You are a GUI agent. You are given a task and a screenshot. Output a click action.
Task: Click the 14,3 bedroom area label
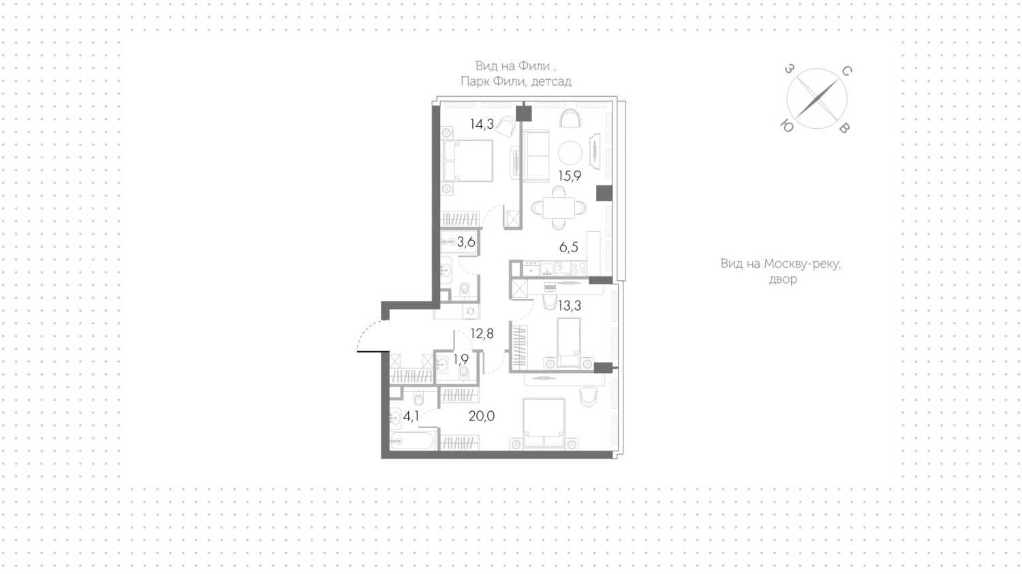(482, 124)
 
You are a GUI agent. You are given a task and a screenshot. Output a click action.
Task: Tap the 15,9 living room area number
(570, 176)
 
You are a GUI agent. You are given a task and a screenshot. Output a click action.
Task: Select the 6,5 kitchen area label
(568, 247)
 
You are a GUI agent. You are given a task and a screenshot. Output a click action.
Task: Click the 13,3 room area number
(570, 306)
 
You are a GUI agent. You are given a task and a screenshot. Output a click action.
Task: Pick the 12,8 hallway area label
(482, 334)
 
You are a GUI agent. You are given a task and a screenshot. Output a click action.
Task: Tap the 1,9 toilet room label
(461, 360)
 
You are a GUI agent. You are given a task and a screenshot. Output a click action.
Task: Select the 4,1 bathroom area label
(411, 416)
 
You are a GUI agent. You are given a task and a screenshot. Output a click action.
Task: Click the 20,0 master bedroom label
(482, 416)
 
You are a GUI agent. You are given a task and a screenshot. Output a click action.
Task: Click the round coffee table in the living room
(570, 153)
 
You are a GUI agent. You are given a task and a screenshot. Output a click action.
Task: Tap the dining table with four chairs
(559, 208)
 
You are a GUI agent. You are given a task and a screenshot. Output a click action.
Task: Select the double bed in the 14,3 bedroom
(467, 161)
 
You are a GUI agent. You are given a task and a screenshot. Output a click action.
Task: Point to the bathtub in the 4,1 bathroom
(412, 441)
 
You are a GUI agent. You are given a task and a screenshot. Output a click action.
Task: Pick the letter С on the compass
(846, 71)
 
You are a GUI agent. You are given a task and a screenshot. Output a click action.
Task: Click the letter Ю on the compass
(787, 126)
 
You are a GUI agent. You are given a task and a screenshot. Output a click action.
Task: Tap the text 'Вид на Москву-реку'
(781, 264)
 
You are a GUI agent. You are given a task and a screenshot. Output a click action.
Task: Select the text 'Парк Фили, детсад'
(516, 82)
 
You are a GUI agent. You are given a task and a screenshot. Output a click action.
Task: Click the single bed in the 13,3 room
(568, 342)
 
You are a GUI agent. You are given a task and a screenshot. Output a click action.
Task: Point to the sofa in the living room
(536, 155)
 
